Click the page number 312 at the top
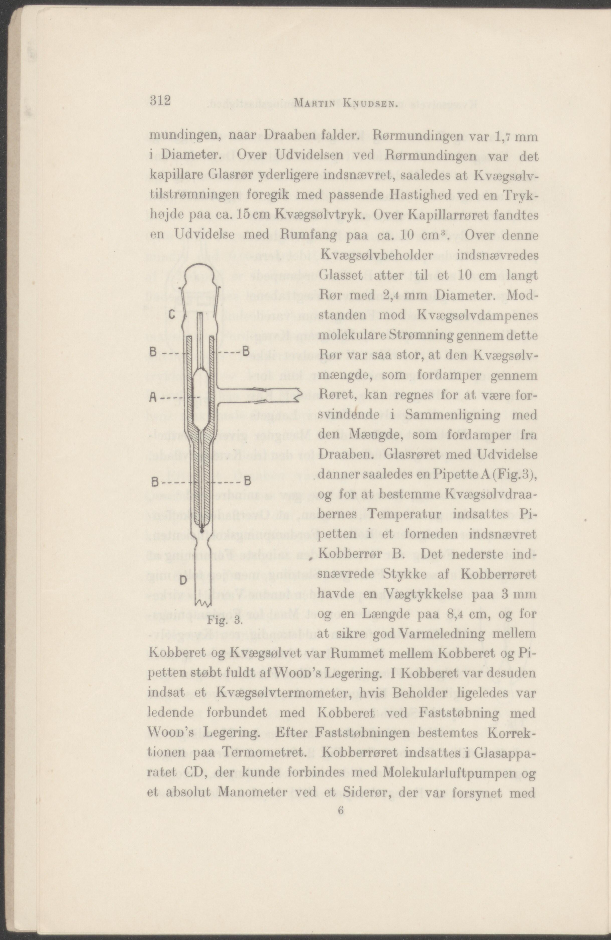[x=160, y=101]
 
